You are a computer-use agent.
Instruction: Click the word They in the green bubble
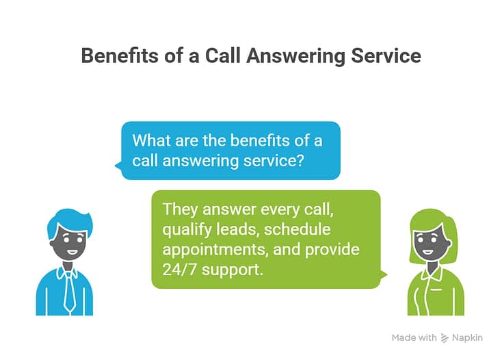[180, 209]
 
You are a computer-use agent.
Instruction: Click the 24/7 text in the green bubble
[179, 270]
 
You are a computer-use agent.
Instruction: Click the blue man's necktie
[69, 292]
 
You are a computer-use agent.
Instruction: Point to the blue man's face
[68, 246]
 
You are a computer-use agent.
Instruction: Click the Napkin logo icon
[445, 338]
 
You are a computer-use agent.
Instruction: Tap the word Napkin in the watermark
[468, 338]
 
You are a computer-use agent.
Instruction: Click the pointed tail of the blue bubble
[117, 165]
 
